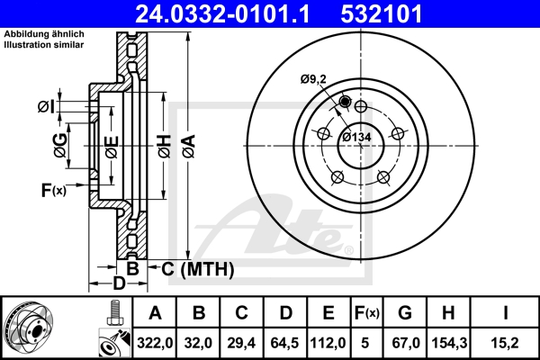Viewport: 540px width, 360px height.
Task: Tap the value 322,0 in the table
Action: pyautogui.click(x=155, y=341)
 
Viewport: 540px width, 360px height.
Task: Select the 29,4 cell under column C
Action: pyautogui.click(x=241, y=341)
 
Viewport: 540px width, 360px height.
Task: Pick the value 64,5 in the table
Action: pyautogui.click(x=285, y=341)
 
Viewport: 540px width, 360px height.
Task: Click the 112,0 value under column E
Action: pyautogui.click(x=328, y=341)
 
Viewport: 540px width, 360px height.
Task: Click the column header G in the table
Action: pyautogui.click(x=405, y=313)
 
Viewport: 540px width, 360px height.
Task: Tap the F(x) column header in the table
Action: pyautogui.click(x=367, y=313)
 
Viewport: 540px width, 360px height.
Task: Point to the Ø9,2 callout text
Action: pyautogui.click(x=314, y=78)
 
